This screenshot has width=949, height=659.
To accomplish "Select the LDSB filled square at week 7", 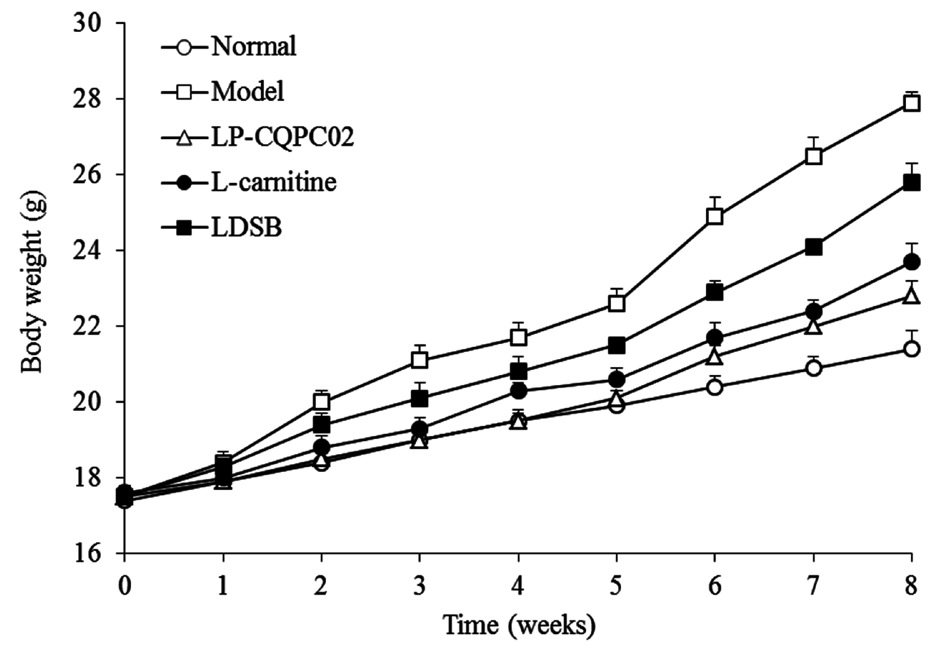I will coord(813,248).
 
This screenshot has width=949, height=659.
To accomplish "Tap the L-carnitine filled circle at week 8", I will coord(911,262).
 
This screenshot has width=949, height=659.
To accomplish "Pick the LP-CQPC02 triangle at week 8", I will coord(911,296).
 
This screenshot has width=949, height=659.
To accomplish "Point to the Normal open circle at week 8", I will coord(911,349).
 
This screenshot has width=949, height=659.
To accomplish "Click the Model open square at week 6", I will coord(715,216).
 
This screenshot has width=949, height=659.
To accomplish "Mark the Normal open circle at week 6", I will coord(715,387).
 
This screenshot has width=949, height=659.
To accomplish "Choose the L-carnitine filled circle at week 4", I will coord(519,391).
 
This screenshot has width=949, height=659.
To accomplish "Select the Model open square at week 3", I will coord(420,360).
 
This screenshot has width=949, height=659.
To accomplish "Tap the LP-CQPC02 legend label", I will coord(282,138).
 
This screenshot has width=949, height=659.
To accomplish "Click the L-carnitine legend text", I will coord(274,182).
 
